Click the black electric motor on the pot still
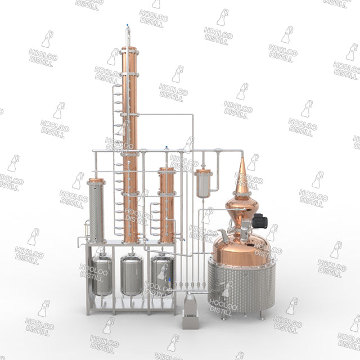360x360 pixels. point(260,221)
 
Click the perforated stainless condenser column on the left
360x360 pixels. point(96,212)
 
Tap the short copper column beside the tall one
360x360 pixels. point(167,205)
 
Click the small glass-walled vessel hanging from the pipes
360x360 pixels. point(203,184)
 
